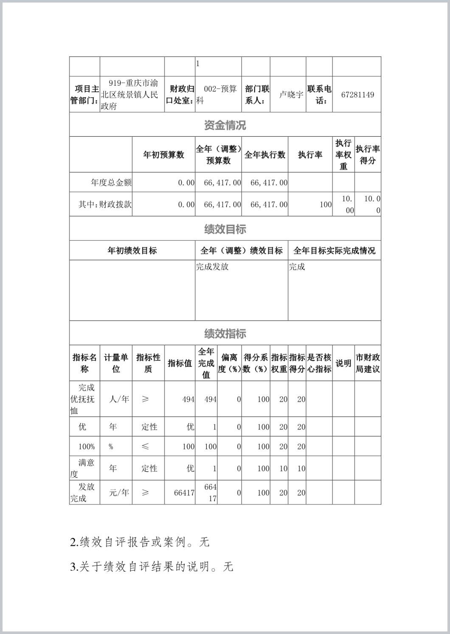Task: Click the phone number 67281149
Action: (x=357, y=95)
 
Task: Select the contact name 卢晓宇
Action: (x=291, y=95)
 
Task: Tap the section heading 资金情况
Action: (x=225, y=125)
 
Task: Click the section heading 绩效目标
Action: (x=225, y=229)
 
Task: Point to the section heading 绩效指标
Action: (x=225, y=334)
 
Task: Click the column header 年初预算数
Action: (x=163, y=155)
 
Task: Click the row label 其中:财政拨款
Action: (x=105, y=204)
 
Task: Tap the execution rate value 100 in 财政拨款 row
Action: (x=326, y=205)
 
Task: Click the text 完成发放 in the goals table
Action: (x=212, y=267)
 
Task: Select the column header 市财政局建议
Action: (x=368, y=363)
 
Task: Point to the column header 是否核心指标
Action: (x=319, y=363)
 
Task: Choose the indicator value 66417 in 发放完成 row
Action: (x=184, y=493)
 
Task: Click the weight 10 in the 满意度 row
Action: (x=283, y=468)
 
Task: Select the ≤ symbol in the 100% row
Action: (x=145, y=447)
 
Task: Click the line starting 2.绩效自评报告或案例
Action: (x=140, y=542)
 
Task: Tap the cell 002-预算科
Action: (x=218, y=94)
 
